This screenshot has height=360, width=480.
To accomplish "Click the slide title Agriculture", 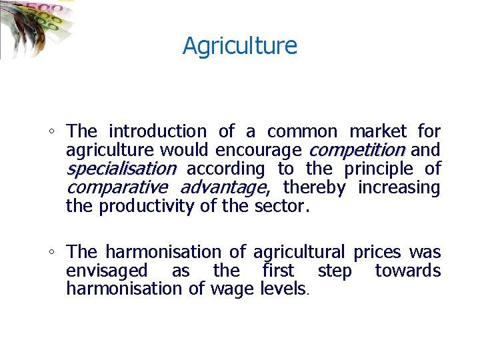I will point(240,46).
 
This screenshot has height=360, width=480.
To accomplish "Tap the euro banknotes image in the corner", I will point(33,27).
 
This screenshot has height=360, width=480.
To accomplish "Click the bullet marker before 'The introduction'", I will point(53,132).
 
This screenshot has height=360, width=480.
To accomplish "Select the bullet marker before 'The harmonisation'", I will point(53,253).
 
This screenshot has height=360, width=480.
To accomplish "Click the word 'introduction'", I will point(157,131).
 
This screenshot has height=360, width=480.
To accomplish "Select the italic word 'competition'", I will point(357,150).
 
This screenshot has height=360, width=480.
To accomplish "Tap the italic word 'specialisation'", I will point(121,169).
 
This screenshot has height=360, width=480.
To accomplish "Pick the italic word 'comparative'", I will point(117,188).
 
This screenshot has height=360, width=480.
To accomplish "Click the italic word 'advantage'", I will point(223,188).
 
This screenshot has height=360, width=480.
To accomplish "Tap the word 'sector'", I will point(279,207).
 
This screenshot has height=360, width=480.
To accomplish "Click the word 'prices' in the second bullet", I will point(377,252).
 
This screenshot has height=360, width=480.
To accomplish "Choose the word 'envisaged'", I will point(107,271).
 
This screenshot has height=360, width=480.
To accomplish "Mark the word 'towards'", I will point(407,271).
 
